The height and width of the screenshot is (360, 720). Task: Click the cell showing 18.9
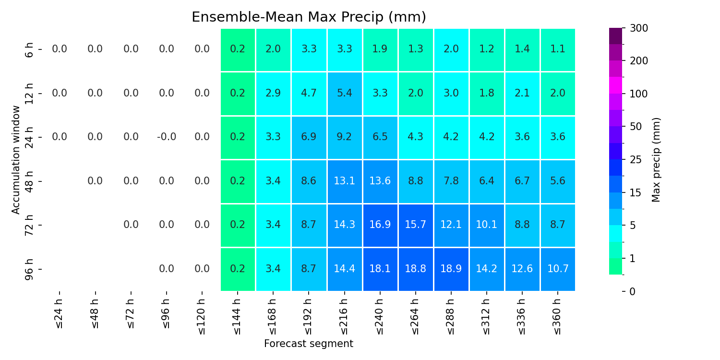pyautogui.click(x=451, y=269)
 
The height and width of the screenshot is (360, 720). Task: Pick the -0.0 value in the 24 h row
pyautogui.click(x=167, y=137)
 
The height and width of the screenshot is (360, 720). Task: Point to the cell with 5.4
pyautogui.click(x=344, y=94)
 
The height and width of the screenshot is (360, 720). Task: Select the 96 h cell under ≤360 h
pyautogui.click(x=558, y=269)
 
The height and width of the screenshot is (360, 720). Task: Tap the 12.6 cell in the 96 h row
pyautogui.click(x=522, y=269)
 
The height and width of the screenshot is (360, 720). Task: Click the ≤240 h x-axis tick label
pyautogui.click(x=380, y=317)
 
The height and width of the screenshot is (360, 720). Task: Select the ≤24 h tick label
pyautogui.click(x=60, y=314)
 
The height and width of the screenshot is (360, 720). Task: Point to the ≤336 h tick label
pyautogui.click(x=522, y=317)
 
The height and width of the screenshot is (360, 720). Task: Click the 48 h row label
pyautogui.click(x=29, y=181)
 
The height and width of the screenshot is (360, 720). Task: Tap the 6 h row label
pyautogui.click(x=29, y=50)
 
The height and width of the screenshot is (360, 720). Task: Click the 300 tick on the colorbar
pyautogui.click(x=639, y=28)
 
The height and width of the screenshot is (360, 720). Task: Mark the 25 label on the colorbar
pyautogui.click(x=636, y=160)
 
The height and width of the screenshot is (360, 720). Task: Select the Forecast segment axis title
pyautogui.click(x=309, y=344)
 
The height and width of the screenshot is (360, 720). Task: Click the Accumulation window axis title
pyautogui.click(x=15, y=160)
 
